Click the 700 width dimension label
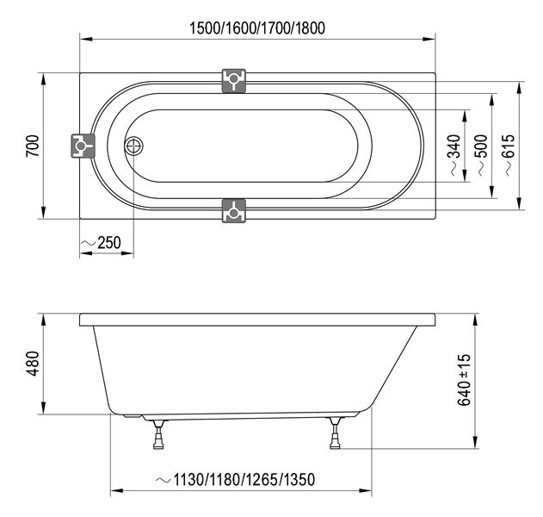point(32,146)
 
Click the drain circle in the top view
point(134,146)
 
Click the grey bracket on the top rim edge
point(233,81)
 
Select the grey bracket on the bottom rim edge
point(233,210)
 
